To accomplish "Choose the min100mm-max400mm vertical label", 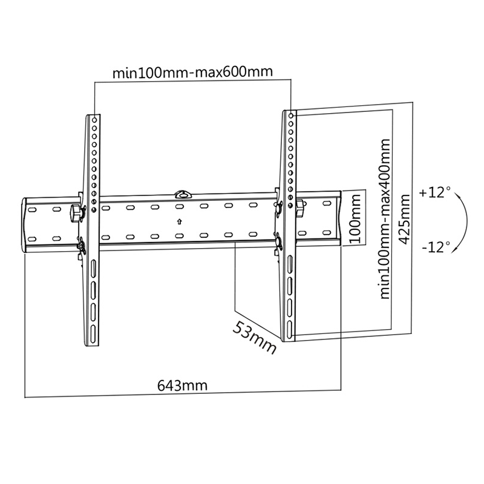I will point(385,218).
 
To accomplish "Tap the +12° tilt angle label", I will point(434,193).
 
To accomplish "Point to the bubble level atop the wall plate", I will point(182,195).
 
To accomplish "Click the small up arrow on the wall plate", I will point(179,221).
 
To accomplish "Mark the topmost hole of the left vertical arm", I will point(94,119).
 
